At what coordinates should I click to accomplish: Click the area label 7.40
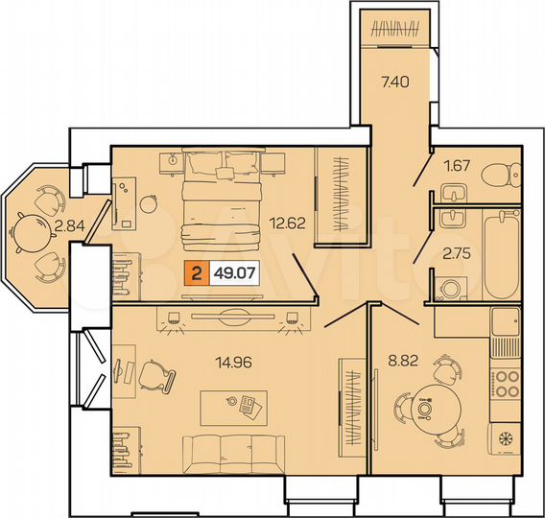394,82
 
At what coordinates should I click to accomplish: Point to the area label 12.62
288,226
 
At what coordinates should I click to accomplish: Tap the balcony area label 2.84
69,227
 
